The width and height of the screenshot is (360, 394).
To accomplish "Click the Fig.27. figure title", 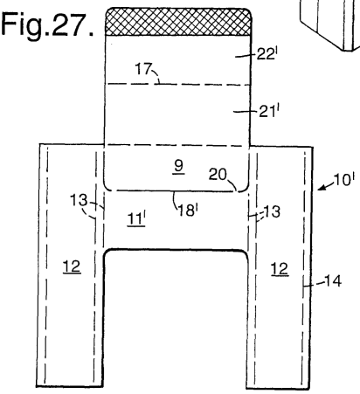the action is (x=47, y=24).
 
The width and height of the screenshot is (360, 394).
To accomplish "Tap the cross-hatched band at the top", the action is (x=178, y=22).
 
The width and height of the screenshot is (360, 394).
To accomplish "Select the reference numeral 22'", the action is (x=266, y=54).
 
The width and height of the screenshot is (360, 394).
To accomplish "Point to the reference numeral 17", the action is (x=143, y=69).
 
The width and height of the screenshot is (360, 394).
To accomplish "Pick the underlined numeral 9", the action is (x=178, y=167).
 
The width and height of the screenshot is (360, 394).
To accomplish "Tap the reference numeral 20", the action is (x=218, y=175).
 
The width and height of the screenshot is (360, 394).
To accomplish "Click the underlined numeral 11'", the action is (x=136, y=218).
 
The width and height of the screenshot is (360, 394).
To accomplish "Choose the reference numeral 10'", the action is (x=344, y=180).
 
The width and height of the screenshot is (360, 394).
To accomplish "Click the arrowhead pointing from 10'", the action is (x=322, y=188).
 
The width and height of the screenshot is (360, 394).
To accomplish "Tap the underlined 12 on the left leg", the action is (x=72, y=266).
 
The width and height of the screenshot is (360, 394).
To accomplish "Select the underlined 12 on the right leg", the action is (x=280, y=269).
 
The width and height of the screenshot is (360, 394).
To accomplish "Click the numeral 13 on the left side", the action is (x=79, y=200).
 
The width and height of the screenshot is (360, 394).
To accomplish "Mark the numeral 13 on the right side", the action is (x=272, y=211).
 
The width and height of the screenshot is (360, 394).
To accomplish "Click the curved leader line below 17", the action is (x=156, y=77).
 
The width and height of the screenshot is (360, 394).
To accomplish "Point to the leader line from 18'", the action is (x=176, y=200).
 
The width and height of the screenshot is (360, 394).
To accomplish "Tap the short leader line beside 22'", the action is (x=246, y=56).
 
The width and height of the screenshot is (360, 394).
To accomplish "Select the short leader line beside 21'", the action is (x=246, y=111).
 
